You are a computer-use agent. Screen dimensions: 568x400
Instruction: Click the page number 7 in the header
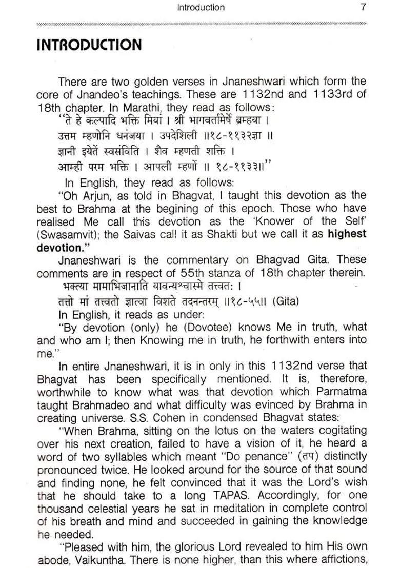[x=363, y=7]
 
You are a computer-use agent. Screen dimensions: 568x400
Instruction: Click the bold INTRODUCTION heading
[x=89, y=45]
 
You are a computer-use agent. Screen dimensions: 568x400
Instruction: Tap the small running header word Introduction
[x=201, y=7]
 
